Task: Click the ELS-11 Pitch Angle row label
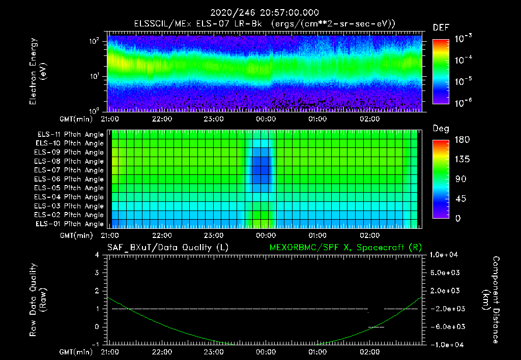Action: (x=70, y=135)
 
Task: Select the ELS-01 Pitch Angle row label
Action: (x=70, y=224)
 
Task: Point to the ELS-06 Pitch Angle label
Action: (x=70, y=179)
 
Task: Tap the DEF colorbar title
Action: (x=441, y=27)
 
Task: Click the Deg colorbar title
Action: (x=441, y=129)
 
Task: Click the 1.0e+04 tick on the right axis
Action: (x=445, y=255)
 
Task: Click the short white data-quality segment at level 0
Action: (x=376, y=327)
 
